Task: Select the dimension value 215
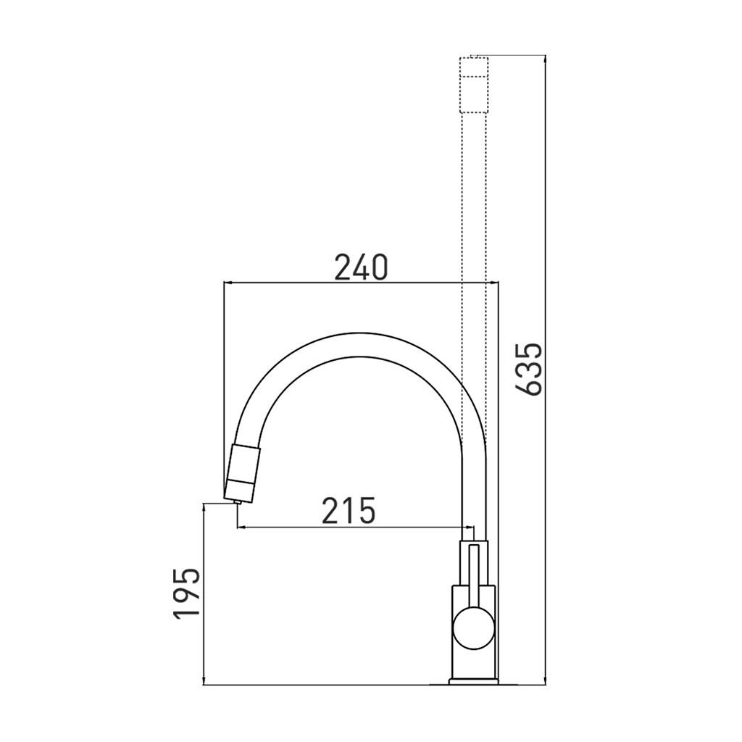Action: (x=349, y=511)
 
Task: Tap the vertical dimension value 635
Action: (x=528, y=369)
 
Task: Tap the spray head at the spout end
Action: (x=241, y=473)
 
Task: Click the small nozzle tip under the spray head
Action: (x=238, y=503)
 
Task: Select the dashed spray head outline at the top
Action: (x=474, y=84)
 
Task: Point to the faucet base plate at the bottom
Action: (x=474, y=683)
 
